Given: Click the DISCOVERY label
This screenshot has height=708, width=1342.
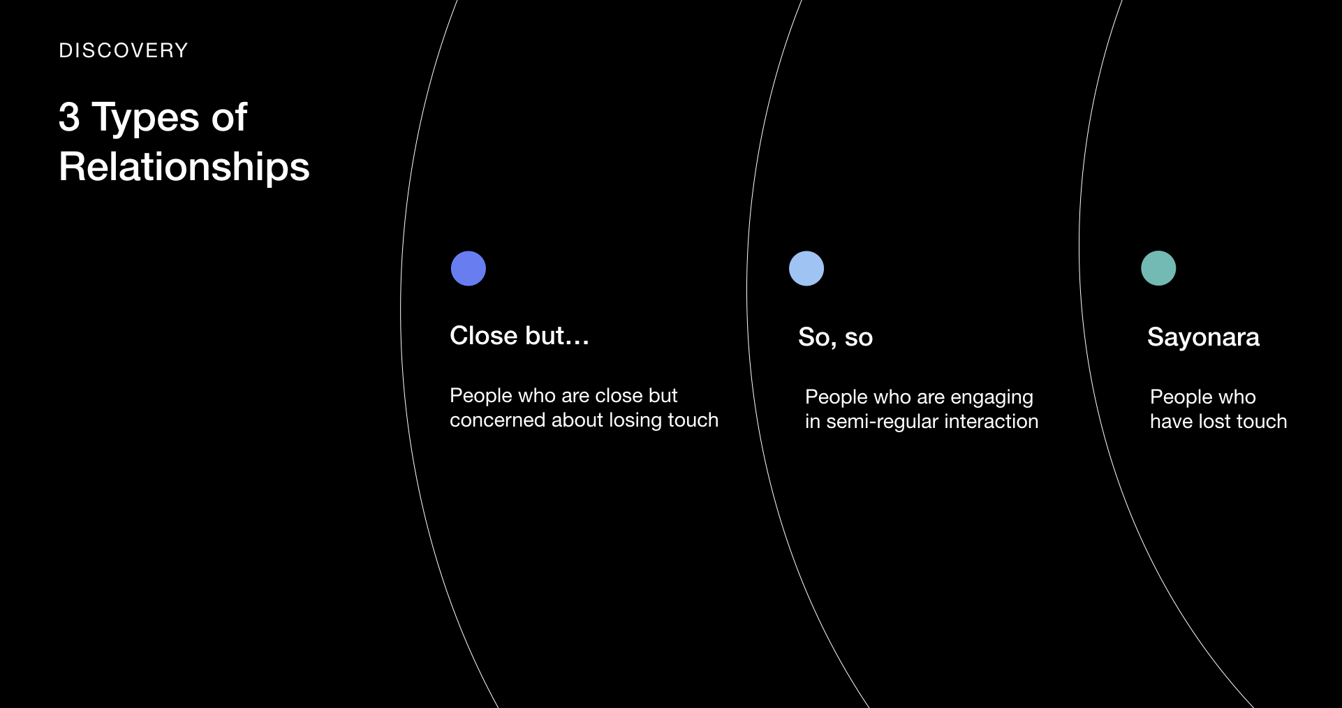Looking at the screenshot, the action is pyautogui.click(x=124, y=51).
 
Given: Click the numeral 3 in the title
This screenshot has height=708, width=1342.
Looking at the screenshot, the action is pyautogui.click(x=69, y=117).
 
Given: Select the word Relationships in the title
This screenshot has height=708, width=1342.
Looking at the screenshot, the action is pyautogui.click(x=184, y=168).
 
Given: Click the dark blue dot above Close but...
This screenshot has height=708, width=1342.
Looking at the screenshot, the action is pyautogui.click(x=469, y=269).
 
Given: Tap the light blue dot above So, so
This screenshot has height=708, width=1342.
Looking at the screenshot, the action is pyautogui.click(x=806, y=269).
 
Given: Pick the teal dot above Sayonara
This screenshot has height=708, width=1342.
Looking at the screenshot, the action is pyautogui.click(x=1158, y=269).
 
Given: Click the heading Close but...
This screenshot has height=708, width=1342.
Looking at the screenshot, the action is pyautogui.click(x=519, y=336).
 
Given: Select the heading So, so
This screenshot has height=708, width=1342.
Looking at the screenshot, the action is pyautogui.click(x=836, y=337).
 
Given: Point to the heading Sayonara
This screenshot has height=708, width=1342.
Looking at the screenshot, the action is pyautogui.click(x=1204, y=338).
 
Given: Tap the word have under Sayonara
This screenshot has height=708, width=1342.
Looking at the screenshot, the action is pyautogui.click(x=1172, y=422).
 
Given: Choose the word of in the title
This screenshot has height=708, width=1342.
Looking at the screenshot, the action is pyautogui.click(x=230, y=117).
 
